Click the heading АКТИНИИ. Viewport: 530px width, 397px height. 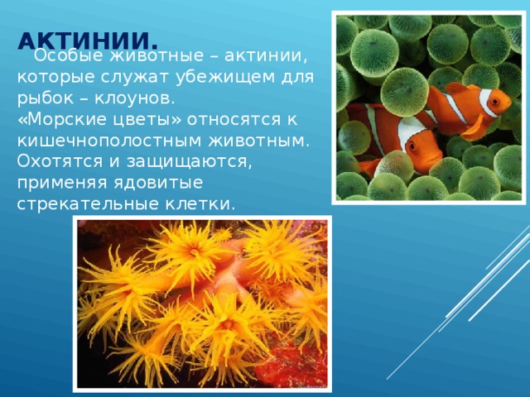(88, 41)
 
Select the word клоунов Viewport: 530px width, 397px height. (134, 98)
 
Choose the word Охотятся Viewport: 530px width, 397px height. (60, 161)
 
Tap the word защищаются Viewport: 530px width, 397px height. (190, 162)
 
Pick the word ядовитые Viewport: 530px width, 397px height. (158, 183)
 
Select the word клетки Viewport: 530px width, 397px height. (200, 204)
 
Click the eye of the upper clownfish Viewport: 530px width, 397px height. (496, 101)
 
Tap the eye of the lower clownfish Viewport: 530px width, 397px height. (412, 146)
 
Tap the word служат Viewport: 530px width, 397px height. (134, 78)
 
